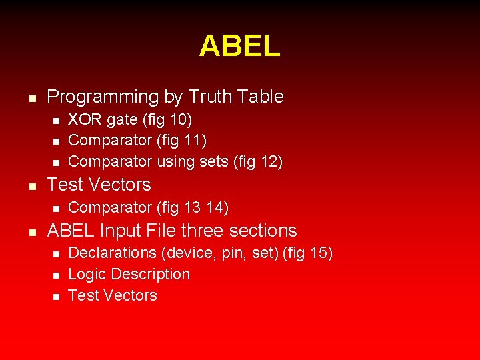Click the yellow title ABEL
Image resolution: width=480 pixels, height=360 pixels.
(x=239, y=46)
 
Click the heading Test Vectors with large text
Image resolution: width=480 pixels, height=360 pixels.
(x=99, y=185)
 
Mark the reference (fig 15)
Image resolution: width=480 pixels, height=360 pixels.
(x=308, y=253)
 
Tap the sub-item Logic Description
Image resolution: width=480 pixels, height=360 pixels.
(x=129, y=274)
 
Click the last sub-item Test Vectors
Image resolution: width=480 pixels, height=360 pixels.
(x=113, y=295)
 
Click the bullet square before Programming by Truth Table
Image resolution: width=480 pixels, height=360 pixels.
(x=31, y=98)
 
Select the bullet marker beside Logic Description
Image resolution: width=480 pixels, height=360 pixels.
(x=56, y=275)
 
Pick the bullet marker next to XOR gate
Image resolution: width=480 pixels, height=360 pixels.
(x=56, y=121)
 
